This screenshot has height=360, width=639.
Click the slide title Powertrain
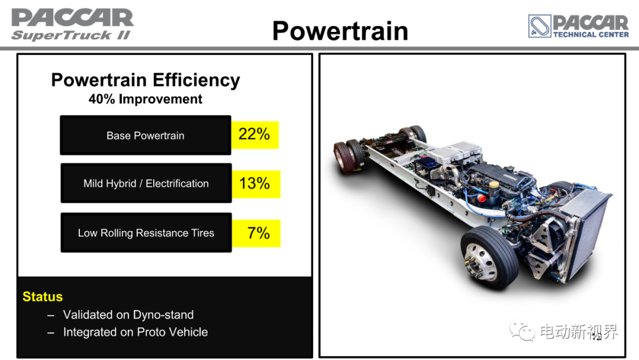(340, 31)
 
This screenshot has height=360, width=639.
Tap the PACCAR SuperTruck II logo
(72, 24)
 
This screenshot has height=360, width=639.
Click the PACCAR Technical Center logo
(578, 26)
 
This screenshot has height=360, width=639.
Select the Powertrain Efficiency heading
(146, 81)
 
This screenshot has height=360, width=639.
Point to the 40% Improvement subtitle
(146, 99)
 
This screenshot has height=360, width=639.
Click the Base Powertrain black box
(146, 136)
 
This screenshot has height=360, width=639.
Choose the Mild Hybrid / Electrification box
(146, 184)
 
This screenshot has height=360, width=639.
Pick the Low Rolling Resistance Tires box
(146, 233)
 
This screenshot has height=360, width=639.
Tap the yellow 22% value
(254, 135)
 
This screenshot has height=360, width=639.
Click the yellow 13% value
(256, 184)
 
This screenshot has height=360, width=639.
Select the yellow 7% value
(256, 233)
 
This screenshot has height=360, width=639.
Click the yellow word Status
(43, 297)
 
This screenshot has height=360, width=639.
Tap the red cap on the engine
(482, 198)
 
